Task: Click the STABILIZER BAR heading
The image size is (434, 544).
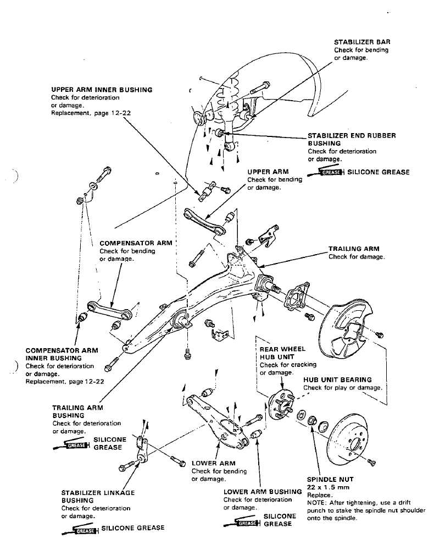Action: [362, 42]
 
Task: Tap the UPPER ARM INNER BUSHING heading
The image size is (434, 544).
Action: [102, 89]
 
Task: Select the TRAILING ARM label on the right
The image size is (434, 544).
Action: [354, 249]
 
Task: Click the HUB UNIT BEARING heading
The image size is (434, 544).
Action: [337, 380]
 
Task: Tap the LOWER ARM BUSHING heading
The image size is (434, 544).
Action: [263, 492]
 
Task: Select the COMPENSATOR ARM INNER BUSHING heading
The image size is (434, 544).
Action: [62, 354]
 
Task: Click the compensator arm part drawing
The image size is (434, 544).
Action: [109, 311]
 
